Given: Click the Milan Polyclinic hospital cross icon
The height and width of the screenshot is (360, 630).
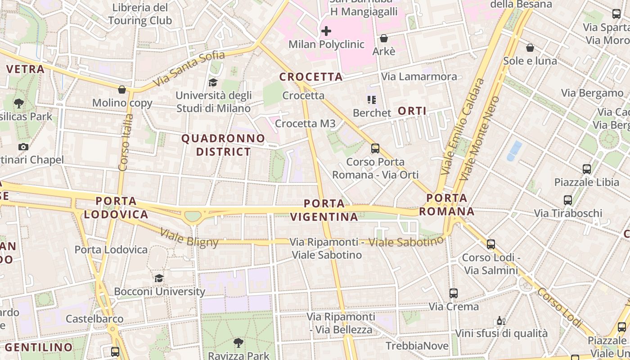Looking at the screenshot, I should coord(326,31).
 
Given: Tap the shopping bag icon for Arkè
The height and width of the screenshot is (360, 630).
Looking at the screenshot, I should coord(384,38).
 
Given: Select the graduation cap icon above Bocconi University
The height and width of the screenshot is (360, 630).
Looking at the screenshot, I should coord(159,278).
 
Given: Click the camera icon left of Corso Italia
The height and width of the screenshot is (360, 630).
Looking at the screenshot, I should coord(23,147).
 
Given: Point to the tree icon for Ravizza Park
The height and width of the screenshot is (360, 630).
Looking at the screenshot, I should coord(238,343).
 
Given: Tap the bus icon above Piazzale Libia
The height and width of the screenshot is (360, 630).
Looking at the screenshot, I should coord(587,169).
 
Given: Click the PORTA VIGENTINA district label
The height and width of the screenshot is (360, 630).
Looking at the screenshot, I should coord(324,210).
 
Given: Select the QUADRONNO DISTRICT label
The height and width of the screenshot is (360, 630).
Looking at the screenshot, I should coord(223,145).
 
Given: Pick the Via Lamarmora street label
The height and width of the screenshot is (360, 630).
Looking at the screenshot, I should coord(419,76).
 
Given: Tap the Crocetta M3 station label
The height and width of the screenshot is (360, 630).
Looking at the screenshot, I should coord(305,123).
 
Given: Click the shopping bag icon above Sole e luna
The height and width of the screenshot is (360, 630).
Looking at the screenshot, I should coord(530,47).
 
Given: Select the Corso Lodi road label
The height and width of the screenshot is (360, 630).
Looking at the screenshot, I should coord(559,308).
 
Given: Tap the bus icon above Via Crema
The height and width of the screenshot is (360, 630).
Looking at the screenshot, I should coord(454,293).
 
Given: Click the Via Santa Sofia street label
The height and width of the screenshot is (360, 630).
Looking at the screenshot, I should coord(189,69).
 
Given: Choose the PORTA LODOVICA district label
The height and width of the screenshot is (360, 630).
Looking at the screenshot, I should coord(116,207).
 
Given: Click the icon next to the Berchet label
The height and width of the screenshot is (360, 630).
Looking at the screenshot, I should coord(371,99).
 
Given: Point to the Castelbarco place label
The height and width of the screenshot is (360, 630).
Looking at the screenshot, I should coord(94,319).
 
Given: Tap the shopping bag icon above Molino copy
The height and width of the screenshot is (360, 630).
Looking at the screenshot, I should coord(122,90).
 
